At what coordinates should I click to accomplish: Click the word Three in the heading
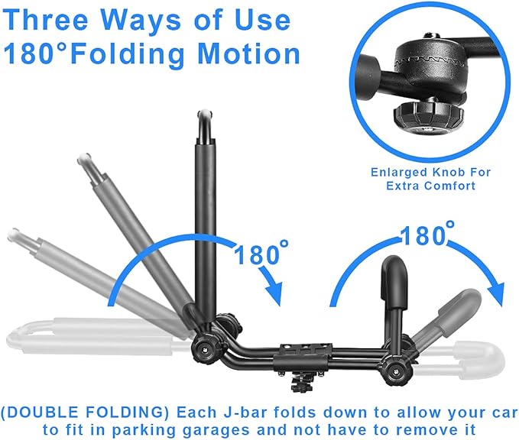point(47,20)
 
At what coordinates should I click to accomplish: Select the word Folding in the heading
point(127,54)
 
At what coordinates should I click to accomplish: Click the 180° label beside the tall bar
point(261,254)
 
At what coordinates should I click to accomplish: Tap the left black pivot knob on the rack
point(203,348)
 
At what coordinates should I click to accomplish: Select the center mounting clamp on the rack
point(304,357)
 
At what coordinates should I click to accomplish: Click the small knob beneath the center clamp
point(300,386)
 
